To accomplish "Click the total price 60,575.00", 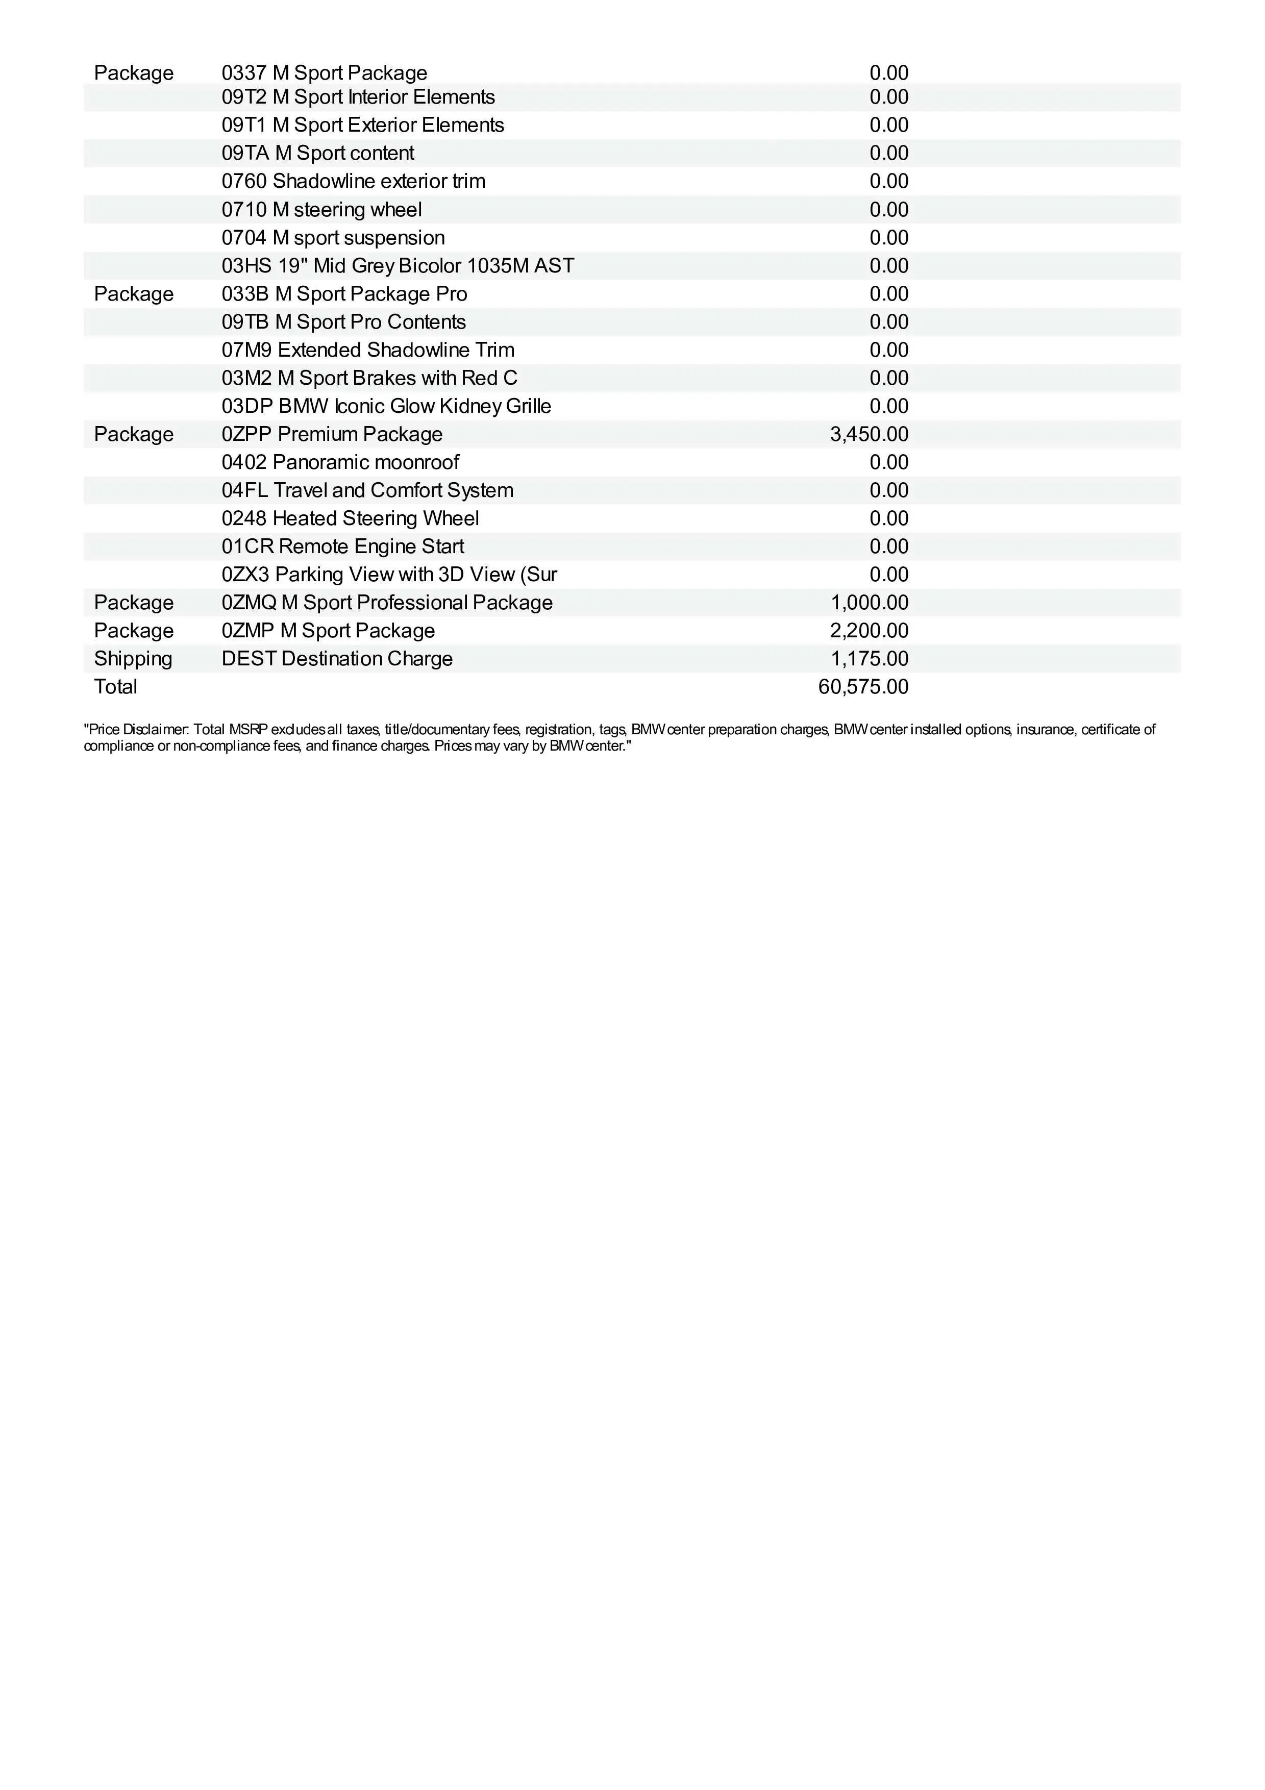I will pyautogui.click(x=863, y=687).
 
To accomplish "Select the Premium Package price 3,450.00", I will pyautogui.click(x=869, y=434).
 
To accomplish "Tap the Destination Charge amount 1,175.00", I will pyautogui.click(x=869, y=659).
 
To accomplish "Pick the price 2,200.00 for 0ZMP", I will pyautogui.click(x=869, y=631).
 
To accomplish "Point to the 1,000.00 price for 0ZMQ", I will pyautogui.click(x=869, y=603).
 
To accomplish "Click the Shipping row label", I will pyautogui.click(x=133, y=659).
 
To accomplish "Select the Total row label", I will pyautogui.click(x=115, y=687).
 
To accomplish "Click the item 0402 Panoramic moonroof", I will pyautogui.click(x=340, y=462).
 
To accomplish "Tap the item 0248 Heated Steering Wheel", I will pyautogui.click(x=350, y=518).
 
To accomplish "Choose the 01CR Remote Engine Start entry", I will pyautogui.click(x=343, y=546).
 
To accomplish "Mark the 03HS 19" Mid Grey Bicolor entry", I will pyautogui.click(x=398, y=266).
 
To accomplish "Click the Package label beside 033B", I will pyautogui.click(x=133, y=294).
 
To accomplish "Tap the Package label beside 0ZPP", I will pyautogui.click(x=133, y=434).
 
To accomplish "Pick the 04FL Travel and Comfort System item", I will pyautogui.click(x=367, y=490).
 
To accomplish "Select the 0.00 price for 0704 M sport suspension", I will pyautogui.click(x=888, y=238).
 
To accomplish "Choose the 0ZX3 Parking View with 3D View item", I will pyautogui.click(x=389, y=575).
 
